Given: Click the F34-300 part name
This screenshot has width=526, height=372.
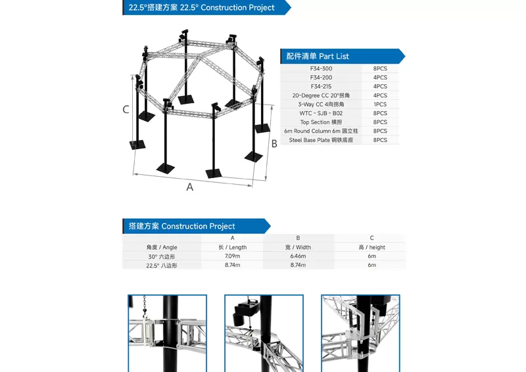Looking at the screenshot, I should pos(321,68).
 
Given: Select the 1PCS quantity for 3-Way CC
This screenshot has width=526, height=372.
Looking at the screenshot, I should pos(380,105).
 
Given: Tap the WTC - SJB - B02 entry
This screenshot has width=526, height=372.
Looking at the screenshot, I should pos(321,113).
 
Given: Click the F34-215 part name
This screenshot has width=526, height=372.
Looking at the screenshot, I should pos(321,86).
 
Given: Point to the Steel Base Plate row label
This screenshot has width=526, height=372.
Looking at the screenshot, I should pos(320,140).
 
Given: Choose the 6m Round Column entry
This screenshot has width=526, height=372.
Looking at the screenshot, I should pos(321,131).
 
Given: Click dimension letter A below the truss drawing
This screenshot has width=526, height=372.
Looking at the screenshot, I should pos(190,187).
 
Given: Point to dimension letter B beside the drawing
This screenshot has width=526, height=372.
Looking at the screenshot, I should pos(274,144).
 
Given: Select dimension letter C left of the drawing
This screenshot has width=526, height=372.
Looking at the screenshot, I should pos(126,110).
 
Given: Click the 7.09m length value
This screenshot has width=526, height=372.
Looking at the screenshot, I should pos(232,256).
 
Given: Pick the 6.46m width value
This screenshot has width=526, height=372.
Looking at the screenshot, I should pos(298,256).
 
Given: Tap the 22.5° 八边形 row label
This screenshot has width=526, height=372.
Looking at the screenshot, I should pos(162,265).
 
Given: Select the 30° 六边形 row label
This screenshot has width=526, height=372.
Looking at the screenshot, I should pos(162,256).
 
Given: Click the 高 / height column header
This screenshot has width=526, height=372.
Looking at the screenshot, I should pos(371,247).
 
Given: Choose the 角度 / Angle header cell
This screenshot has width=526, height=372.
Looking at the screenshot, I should pos(162,247).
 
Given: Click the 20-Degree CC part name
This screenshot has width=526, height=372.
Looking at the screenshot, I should pos(321,95).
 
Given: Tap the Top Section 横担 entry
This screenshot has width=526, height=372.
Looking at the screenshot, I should pos(321,122).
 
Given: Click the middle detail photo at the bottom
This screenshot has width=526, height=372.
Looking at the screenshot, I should pos(264,333).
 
